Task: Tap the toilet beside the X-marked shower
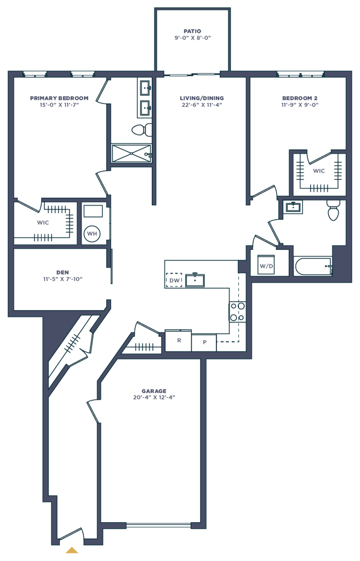coord(140,130)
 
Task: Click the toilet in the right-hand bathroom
coord(333,210)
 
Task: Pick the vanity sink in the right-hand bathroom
coord(294,207)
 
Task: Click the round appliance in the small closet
coord(92,233)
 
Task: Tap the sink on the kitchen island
coord(195,280)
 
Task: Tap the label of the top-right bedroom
coord(300,101)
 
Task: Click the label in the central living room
coord(202,101)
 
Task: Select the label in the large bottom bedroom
coord(155,394)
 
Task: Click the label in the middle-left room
coord(62,274)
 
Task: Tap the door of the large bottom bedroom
coord(93,411)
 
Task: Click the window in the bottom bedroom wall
coord(159,526)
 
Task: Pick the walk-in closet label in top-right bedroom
coord(319,171)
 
